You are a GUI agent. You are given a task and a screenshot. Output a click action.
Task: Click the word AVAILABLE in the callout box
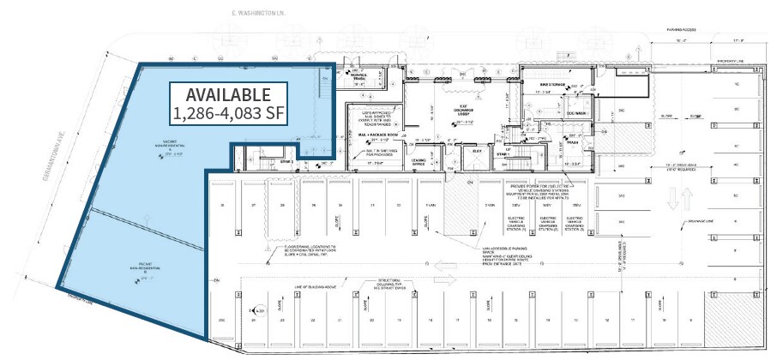(228, 94)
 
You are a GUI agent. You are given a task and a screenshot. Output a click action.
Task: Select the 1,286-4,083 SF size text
(228, 112)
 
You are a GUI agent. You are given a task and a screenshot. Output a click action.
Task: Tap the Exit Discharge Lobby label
(461, 111)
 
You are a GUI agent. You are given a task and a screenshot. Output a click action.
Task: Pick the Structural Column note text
(386, 284)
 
